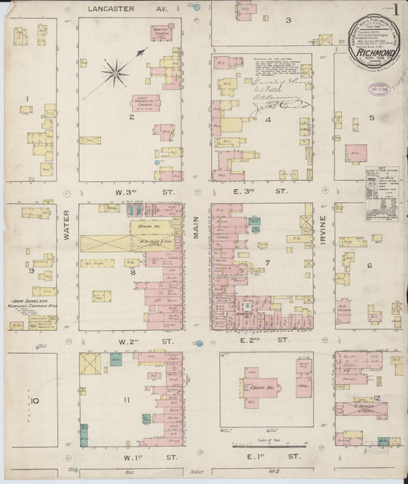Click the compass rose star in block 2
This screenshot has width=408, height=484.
[x=115, y=73]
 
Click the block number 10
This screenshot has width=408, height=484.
[x=34, y=401]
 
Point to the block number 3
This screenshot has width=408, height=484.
[x=288, y=20]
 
